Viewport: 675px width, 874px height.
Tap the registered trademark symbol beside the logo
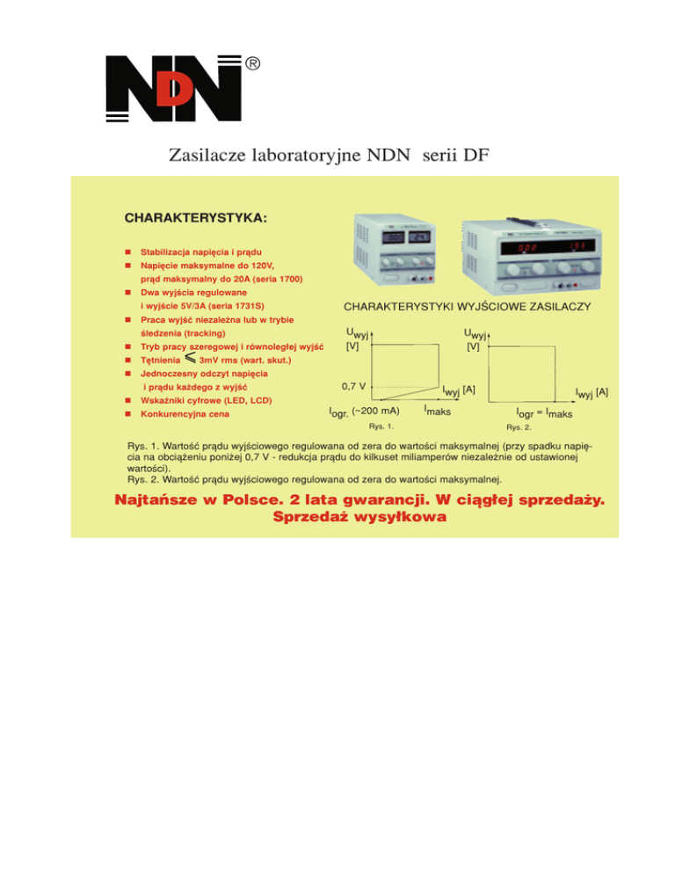(252, 63)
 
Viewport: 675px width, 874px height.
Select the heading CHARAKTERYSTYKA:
(197, 216)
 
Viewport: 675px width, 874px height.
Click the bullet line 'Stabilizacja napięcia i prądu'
(200, 252)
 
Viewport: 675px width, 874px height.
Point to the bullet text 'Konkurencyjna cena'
(182, 413)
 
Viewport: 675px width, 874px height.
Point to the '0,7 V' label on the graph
(354, 386)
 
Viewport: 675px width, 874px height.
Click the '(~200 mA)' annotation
(375, 411)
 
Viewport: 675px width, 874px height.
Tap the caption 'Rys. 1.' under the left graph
(381, 426)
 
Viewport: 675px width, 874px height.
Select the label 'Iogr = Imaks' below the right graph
(544, 412)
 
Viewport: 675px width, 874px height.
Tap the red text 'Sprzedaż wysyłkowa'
(359, 517)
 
